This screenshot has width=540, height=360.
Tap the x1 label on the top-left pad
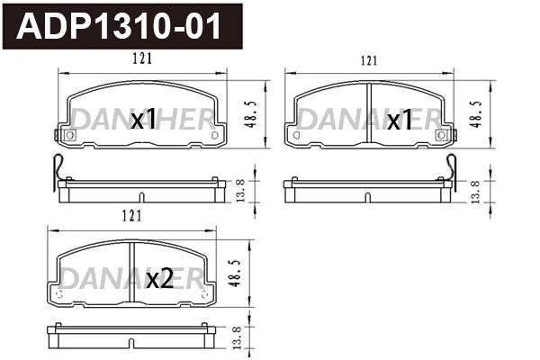pos(143,119)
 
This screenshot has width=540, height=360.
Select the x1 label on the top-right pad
pos(399,119)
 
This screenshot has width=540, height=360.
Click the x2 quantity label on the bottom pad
pos(159,279)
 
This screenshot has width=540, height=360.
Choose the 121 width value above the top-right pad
pos(367,60)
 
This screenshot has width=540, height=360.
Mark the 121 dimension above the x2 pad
pos(131,216)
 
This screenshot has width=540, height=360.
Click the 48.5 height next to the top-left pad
pos(257,113)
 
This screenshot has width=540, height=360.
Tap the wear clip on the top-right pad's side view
pos(454,168)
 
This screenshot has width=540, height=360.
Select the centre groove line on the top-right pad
pos(371,115)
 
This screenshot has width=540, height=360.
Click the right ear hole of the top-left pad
pos(214,136)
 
